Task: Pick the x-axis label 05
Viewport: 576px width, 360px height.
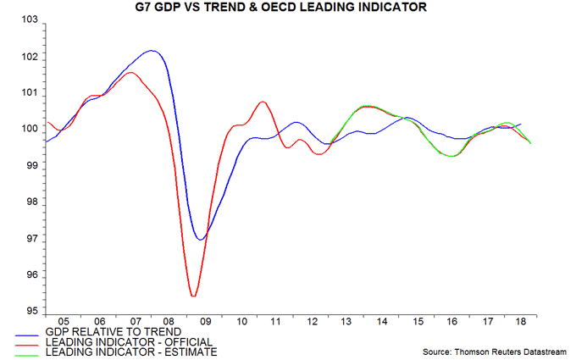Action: tap(64, 323)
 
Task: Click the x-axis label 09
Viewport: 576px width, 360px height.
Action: tap(206, 323)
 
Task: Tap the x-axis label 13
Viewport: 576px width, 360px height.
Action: tap(349, 323)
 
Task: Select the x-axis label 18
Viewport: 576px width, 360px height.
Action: tap(525, 323)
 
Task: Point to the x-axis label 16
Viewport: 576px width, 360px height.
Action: tap(455, 323)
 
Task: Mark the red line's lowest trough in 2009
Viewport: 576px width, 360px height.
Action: tap(193, 296)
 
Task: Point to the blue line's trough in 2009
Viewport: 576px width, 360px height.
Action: tap(201, 240)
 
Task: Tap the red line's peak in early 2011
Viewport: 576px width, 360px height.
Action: tap(263, 102)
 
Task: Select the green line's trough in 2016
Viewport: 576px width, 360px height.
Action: tap(452, 156)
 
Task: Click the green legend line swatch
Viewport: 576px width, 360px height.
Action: tap(30, 352)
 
